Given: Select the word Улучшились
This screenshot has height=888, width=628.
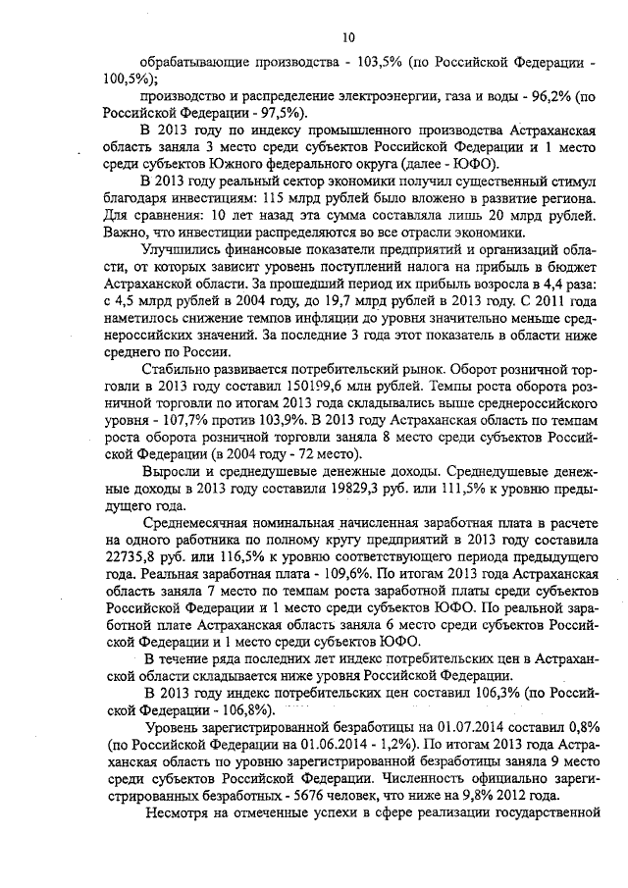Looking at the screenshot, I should [x=185, y=250].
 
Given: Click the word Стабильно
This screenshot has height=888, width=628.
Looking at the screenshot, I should [x=179, y=369].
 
